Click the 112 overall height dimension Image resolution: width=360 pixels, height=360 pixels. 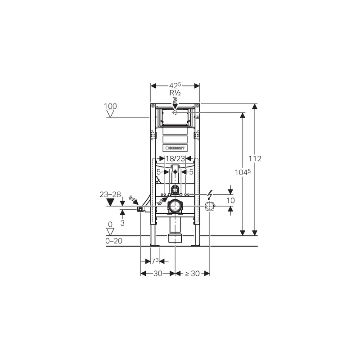pyautogui.click(x=255, y=158)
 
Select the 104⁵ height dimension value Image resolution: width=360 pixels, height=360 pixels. pyautogui.click(x=243, y=172)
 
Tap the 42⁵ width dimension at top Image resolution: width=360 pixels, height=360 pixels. pyautogui.click(x=175, y=85)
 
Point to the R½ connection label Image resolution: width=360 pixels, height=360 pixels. pyautogui.click(x=175, y=93)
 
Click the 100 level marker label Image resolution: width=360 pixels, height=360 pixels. pyautogui.click(x=110, y=106)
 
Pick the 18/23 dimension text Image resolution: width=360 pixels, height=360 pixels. pyautogui.click(x=175, y=158)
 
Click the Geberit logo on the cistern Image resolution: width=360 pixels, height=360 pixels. pyautogui.click(x=175, y=148)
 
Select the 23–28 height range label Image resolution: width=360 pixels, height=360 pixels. pyautogui.click(x=110, y=194)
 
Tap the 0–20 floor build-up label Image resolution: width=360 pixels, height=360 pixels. pyautogui.click(x=114, y=241)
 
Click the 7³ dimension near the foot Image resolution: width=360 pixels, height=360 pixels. pyautogui.click(x=155, y=261)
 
